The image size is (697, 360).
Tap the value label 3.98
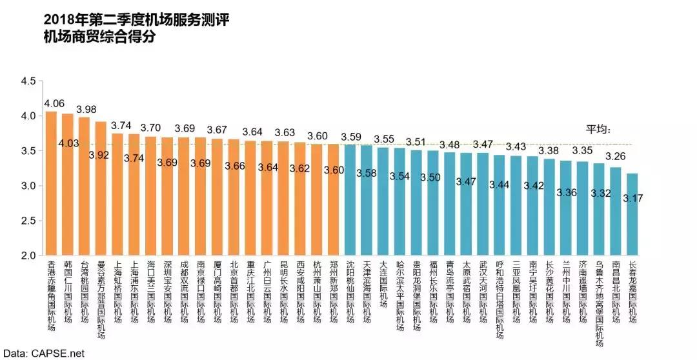[85, 108]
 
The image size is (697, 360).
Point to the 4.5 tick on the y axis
[29, 81]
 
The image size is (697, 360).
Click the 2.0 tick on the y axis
[29, 255]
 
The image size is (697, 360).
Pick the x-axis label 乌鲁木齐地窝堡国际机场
[600, 299]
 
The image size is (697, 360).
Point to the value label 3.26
[616, 156]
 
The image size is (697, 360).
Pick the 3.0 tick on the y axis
[29, 186]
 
